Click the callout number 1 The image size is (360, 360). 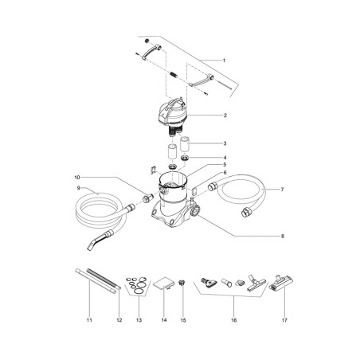[224, 61]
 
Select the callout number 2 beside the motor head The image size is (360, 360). [225, 115]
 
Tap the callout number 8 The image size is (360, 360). [283, 236]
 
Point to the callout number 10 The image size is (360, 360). [77, 177]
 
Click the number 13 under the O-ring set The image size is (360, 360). [139, 320]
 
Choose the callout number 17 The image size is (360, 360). [284, 320]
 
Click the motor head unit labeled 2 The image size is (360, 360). [173, 114]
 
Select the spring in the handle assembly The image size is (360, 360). [173, 75]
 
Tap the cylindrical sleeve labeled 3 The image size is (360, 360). [186, 145]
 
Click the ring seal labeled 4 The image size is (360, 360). [185, 158]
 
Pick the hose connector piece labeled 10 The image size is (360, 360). [148, 198]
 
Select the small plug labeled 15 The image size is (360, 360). [182, 282]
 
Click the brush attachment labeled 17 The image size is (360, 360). [281, 283]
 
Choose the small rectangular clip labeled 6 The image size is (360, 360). [194, 190]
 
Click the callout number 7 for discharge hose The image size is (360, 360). [282, 190]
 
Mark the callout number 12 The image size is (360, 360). [119, 320]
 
